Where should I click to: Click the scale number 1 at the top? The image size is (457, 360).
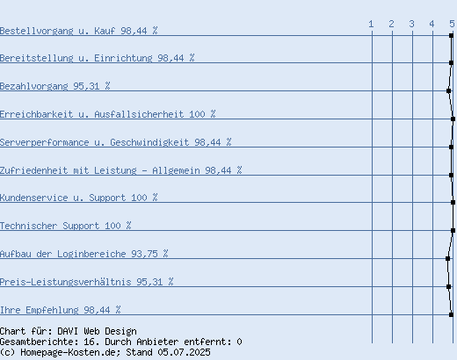point(371,24)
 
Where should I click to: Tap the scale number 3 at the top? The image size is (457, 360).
point(411,24)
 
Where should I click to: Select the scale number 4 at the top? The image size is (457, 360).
point(432,24)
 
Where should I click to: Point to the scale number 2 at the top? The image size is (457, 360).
point(391,24)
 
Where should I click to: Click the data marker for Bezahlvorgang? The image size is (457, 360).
point(448,90)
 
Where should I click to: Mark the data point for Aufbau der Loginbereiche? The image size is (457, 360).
point(447,258)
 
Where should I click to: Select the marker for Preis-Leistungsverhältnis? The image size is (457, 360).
point(448,286)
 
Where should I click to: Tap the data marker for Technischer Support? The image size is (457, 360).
point(453,230)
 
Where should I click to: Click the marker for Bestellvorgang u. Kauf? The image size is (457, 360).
point(451,35)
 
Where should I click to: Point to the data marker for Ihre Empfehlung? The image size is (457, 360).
point(451,314)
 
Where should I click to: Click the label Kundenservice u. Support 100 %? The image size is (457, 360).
point(79,198)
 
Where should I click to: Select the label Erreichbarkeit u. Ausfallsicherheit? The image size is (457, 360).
point(91,114)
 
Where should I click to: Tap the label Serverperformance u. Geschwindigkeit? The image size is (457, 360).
point(94,142)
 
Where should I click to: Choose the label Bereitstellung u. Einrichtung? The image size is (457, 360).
point(76,58)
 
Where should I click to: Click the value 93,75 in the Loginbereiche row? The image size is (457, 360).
point(144,254)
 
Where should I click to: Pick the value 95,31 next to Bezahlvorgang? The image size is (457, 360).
point(86,86)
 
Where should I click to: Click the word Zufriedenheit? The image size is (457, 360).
point(33,170)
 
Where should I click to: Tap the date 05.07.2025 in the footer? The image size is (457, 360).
point(184,352)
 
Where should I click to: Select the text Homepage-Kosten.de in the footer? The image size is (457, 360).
point(70,352)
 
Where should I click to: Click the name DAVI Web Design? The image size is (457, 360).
point(97,331)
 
